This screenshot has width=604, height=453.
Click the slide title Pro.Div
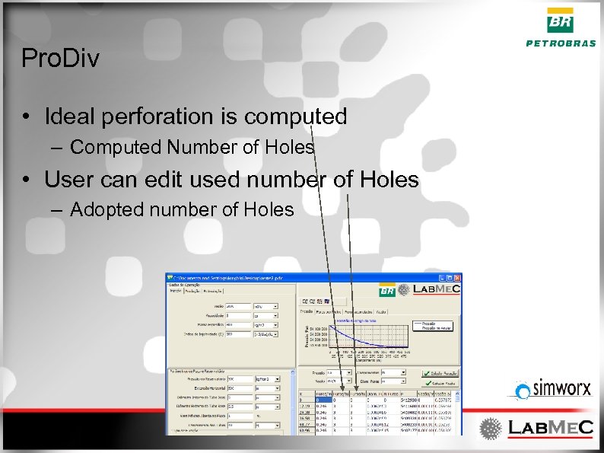(x=61, y=59)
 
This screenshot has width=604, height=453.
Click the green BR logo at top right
(x=561, y=21)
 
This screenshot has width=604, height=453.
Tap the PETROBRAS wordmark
(x=561, y=43)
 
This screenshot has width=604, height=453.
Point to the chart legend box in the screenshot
(x=436, y=325)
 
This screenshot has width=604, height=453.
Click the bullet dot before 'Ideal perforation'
(x=27, y=117)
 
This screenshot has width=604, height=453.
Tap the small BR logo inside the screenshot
(x=387, y=290)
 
